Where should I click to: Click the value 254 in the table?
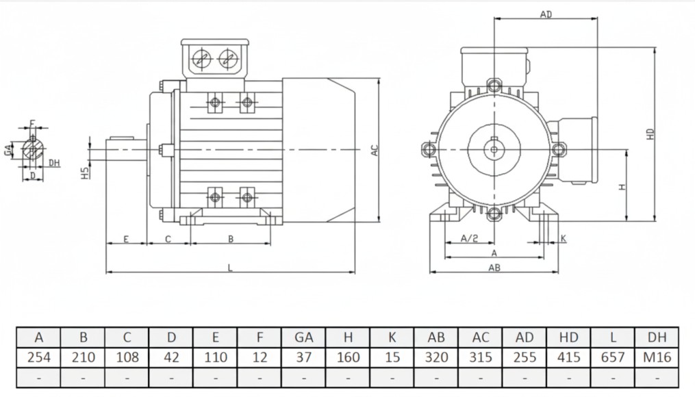coord(38,357)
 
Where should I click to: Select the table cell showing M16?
coord(657,357)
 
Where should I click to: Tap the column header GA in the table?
coord(303,337)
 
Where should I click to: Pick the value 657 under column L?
coord(613,357)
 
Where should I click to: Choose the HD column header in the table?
coord(568,337)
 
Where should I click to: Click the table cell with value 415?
coord(568,357)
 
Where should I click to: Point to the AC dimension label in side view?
coord(375,151)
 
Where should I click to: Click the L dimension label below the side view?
coord(230,268)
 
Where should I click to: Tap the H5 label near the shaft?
coord(84,174)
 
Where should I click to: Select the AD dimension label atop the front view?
coord(546,14)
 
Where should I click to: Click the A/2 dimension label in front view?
coord(469,238)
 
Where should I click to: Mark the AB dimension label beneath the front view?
coord(494,268)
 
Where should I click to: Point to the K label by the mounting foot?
coord(563,238)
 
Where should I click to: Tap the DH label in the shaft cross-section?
coord(55,163)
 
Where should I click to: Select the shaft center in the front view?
coord(494,149)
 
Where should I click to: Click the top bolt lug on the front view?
coord(494,86)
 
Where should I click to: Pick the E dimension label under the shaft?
coord(127,239)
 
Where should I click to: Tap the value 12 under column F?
coord(260,357)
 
